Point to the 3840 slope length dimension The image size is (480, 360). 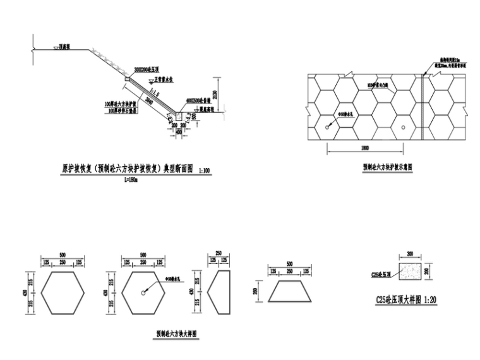[149, 100]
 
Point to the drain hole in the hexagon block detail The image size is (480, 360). [144, 293]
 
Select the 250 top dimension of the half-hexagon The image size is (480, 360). [219, 253]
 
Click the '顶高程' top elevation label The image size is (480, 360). [64, 46]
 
